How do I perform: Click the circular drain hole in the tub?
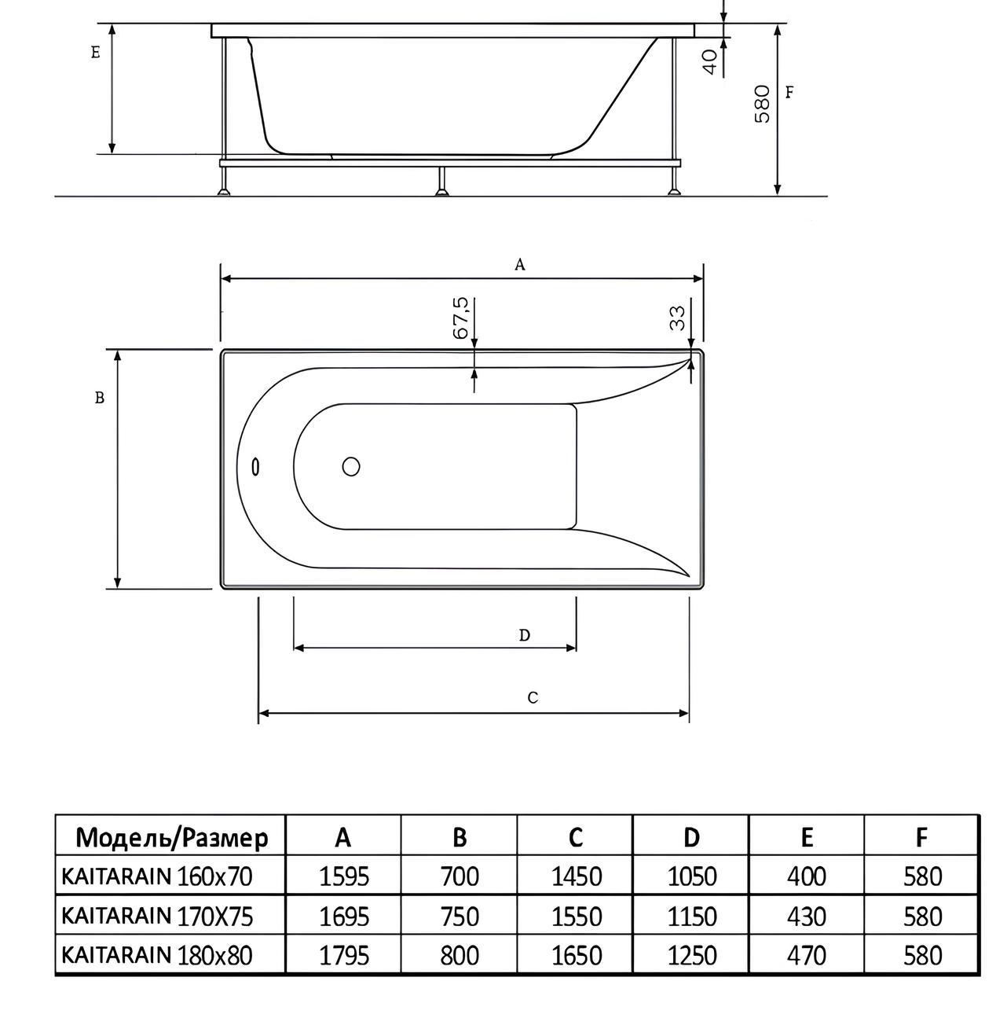pyautogui.click(x=351, y=466)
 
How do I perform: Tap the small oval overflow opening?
pyautogui.click(x=255, y=467)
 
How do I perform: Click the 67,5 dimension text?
pyautogui.click(x=460, y=318)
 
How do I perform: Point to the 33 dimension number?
pyautogui.click(x=678, y=318)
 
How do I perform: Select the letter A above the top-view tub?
pyautogui.click(x=519, y=264)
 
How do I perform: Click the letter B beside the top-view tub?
pyautogui.click(x=100, y=398)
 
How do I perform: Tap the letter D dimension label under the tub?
pyautogui.click(x=524, y=635)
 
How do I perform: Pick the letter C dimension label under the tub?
pyautogui.click(x=533, y=698)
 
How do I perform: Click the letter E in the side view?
pyautogui.click(x=95, y=53)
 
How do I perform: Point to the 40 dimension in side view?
pyautogui.click(x=709, y=61)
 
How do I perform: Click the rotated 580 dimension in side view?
pyautogui.click(x=762, y=104)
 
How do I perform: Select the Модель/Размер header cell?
pyautogui.click(x=172, y=838)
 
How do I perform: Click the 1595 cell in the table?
pyautogui.click(x=344, y=876)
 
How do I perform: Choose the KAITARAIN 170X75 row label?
pyautogui.click(x=157, y=916)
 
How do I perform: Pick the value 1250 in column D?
pyautogui.click(x=692, y=955)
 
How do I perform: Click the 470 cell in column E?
pyautogui.click(x=807, y=955)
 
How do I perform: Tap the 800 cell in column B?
pyautogui.click(x=460, y=955)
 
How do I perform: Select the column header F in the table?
pyautogui.click(x=921, y=838)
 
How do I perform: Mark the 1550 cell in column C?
pyautogui.click(x=577, y=916)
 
